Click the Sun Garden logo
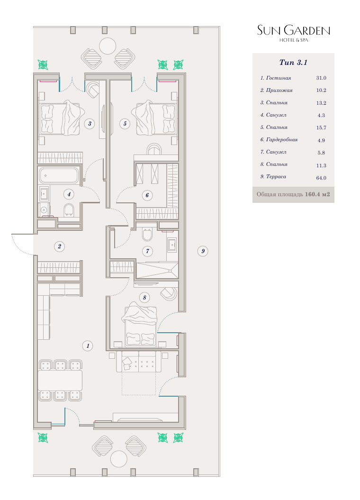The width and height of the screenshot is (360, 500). pyautogui.click(x=293, y=33)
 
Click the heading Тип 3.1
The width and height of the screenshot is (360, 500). pyautogui.click(x=293, y=63)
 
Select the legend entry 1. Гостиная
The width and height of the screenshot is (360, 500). pyautogui.click(x=276, y=78)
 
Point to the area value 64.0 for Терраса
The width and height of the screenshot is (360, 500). pyautogui.click(x=321, y=178)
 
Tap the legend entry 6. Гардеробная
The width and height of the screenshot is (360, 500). pyautogui.click(x=279, y=140)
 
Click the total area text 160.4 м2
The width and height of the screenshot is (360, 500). pyautogui.click(x=317, y=194)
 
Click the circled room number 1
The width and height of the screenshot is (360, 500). pyautogui.click(x=88, y=345)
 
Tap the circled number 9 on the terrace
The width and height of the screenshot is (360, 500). pyautogui.click(x=203, y=251)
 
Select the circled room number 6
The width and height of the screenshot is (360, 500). pyautogui.click(x=147, y=195)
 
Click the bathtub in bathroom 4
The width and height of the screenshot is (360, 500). pyautogui.click(x=59, y=175)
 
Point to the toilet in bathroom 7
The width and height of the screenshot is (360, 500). pyautogui.click(x=147, y=235)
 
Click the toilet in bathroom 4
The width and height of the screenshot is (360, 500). pyautogui.click(x=69, y=210)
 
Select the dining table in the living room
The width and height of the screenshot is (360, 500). pyautogui.click(x=60, y=380)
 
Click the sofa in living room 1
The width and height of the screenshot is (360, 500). pyautogui.click(x=139, y=361)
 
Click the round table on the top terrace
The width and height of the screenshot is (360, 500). pyautogui.click(x=108, y=46)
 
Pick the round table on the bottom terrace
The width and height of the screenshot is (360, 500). pyautogui.click(x=119, y=459)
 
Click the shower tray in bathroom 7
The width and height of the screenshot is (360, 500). pyautogui.click(x=157, y=270)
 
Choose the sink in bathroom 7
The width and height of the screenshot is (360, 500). pyautogui.click(x=172, y=245)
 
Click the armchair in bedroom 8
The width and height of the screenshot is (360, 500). pyautogui.click(x=168, y=293)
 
